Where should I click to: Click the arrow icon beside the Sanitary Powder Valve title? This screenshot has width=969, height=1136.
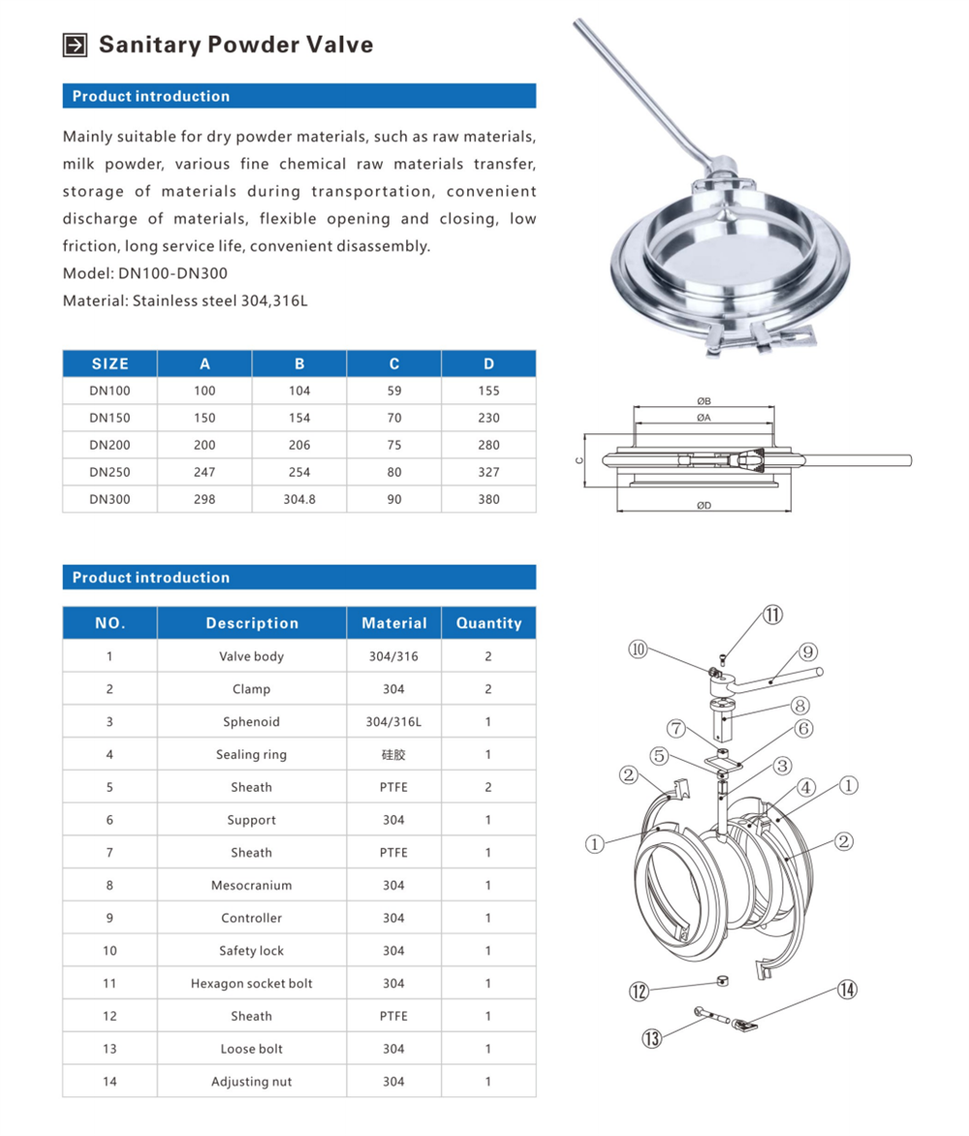[75, 45]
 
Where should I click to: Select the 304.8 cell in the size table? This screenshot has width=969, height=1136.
[299, 499]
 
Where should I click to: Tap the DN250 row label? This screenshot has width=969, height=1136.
[110, 472]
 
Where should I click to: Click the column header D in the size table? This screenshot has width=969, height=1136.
[488, 363]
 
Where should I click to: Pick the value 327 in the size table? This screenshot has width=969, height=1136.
[488, 472]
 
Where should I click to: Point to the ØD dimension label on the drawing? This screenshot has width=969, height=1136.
[703, 506]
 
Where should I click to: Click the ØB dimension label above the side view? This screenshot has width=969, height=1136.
[703, 400]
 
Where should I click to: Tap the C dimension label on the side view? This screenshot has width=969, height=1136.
[578, 460]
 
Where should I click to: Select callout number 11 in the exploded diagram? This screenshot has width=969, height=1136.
[772, 615]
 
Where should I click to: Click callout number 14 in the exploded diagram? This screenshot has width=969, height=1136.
[847, 990]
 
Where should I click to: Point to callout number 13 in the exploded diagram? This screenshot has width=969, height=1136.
[652, 1038]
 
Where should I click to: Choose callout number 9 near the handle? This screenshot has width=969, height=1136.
[808, 652]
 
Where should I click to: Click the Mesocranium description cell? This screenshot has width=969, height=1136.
[251, 885]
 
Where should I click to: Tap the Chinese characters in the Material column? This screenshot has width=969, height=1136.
[393, 754]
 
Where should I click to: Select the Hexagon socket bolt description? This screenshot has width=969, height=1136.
[251, 983]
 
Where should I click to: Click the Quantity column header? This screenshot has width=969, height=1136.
[488, 623]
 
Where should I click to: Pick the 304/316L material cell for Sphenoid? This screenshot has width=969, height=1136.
[393, 721]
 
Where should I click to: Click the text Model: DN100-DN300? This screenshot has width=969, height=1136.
[144, 273]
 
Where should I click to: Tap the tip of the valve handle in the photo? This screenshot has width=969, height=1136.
[578, 23]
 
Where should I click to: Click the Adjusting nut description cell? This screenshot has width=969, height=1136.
[251, 1082]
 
